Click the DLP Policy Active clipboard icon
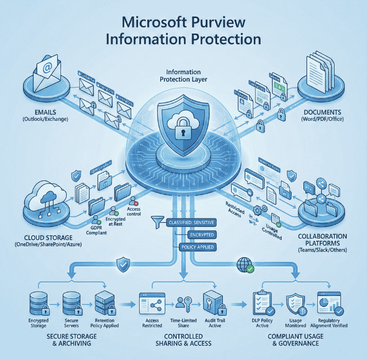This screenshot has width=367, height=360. click(x=262, y=302)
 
